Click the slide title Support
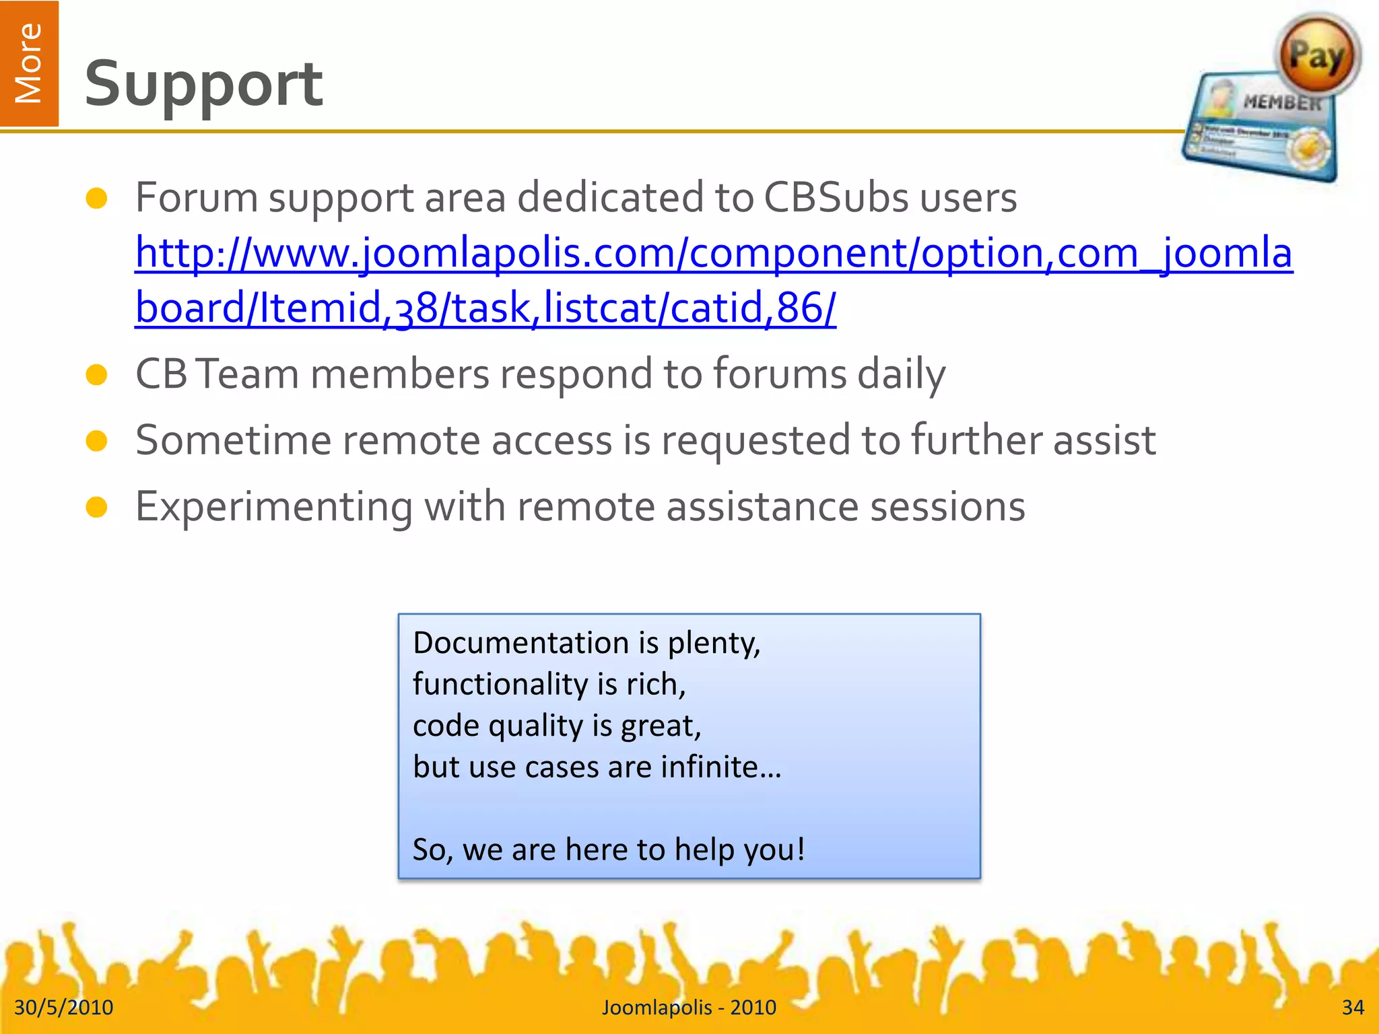(x=203, y=84)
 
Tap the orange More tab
(x=29, y=63)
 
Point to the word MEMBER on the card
(x=1281, y=102)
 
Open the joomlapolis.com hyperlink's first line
(x=714, y=253)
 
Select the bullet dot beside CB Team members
(x=97, y=375)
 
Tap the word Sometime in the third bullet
(x=233, y=440)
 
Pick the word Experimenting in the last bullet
(x=273, y=507)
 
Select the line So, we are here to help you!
(x=609, y=850)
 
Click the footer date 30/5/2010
(x=64, y=1007)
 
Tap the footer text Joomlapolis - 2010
(x=689, y=1007)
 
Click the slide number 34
(x=1352, y=1007)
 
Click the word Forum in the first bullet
(x=197, y=198)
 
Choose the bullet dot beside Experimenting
(x=97, y=508)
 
